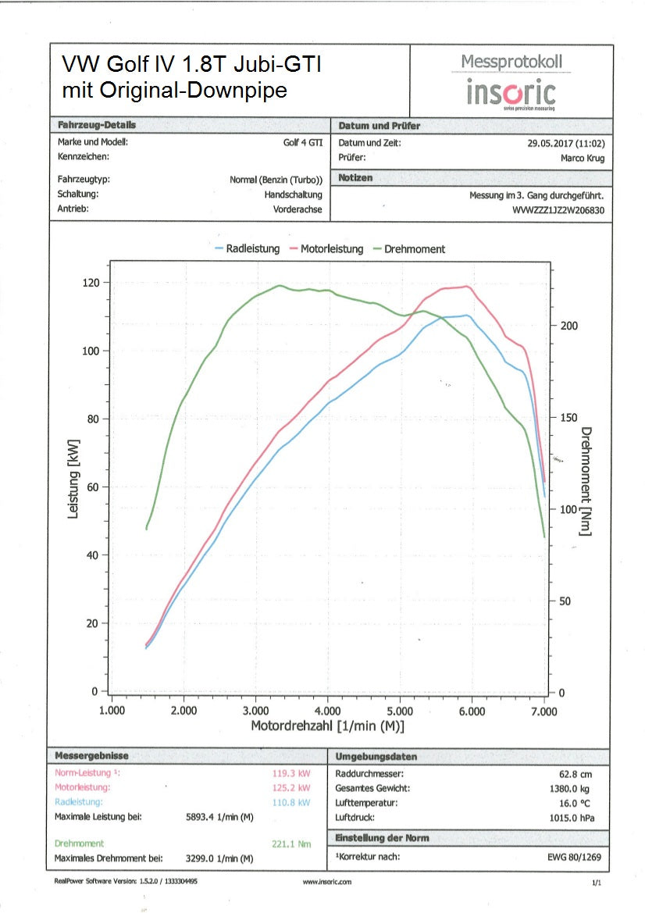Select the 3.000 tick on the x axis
[x=255, y=711]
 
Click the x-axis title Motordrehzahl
[x=327, y=726]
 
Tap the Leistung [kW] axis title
[x=73, y=478]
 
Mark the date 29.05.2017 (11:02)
[x=566, y=143]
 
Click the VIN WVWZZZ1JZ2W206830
[x=558, y=210]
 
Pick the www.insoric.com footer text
[x=327, y=882]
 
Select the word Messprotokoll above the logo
[x=511, y=62]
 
